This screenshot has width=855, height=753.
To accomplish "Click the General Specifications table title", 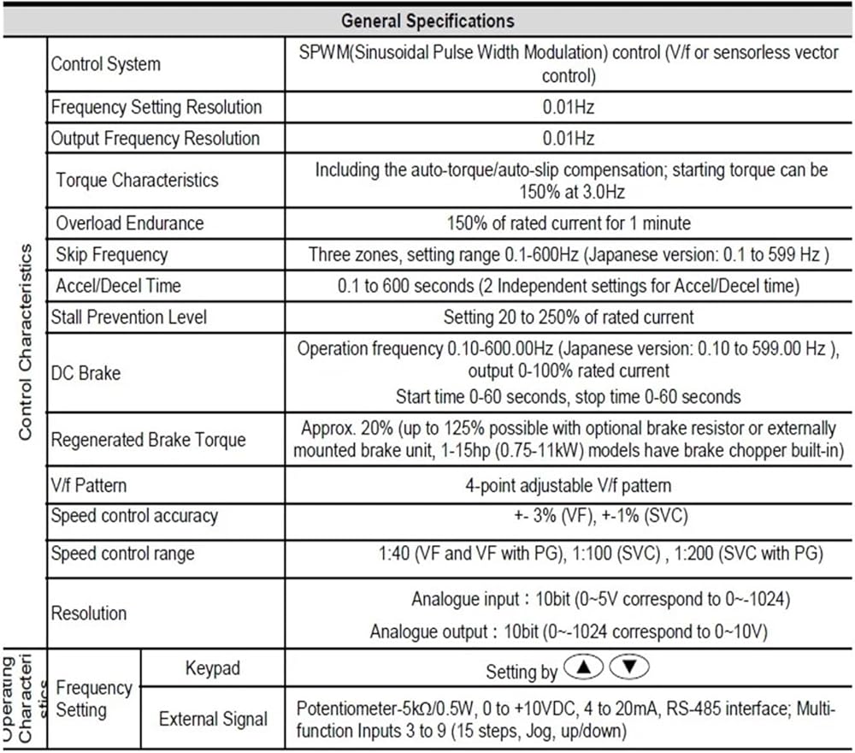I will pyautogui.click(x=427, y=19).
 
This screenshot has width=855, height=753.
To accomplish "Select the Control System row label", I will pyautogui.click(x=105, y=64).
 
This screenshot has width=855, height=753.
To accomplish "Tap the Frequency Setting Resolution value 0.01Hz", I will pyautogui.click(x=568, y=108).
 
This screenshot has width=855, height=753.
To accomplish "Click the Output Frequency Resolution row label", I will pyautogui.click(x=155, y=139).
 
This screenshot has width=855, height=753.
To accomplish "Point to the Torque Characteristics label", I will pyautogui.click(x=137, y=181).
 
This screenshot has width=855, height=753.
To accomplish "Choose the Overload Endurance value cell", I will pyautogui.click(x=569, y=223).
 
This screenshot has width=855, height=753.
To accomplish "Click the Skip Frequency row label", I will pyautogui.click(x=111, y=255).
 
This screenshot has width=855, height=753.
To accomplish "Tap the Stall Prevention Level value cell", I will pyautogui.click(x=569, y=317).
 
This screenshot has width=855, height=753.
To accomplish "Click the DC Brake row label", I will pyautogui.click(x=85, y=374).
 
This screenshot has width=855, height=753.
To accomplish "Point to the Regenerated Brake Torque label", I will pyautogui.click(x=148, y=440).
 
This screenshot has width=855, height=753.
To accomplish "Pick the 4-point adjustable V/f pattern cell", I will pyautogui.click(x=568, y=485).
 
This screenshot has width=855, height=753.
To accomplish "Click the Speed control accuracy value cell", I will pyautogui.click(x=568, y=516).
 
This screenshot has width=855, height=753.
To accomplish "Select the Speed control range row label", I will pyautogui.click(x=122, y=554).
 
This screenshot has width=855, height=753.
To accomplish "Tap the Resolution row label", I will pyautogui.click(x=89, y=614).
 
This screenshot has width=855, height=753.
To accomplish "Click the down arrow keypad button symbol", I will pyautogui.click(x=631, y=667).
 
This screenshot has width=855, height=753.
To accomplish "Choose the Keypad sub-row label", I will pyautogui.click(x=212, y=668).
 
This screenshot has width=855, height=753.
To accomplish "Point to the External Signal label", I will pyautogui.click(x=213, y=720).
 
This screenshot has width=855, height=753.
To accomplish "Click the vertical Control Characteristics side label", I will pyautogui.click(x=25, y=342).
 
